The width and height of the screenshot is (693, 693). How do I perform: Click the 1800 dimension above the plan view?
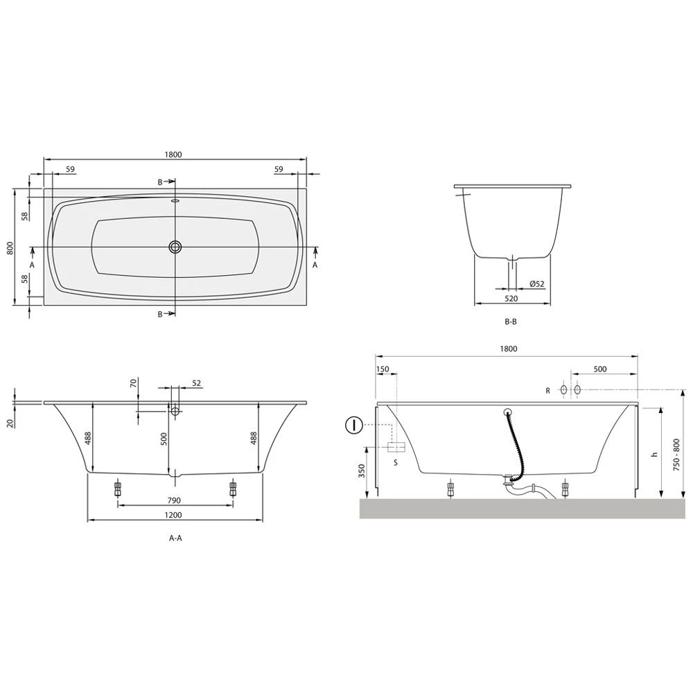tap(174, 155)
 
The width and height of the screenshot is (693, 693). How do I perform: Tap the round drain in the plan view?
tap(174, 247)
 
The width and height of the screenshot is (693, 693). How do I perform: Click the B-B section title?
tap(511, 322)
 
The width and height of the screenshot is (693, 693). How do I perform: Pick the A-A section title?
tap(175, 537)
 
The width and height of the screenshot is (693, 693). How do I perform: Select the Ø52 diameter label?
tap(536, 284)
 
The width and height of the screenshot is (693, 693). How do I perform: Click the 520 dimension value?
tap(511, 299)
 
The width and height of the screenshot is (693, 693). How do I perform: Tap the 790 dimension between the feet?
tap(174, 500)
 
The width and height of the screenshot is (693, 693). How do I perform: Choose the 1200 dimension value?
tap(174, 515)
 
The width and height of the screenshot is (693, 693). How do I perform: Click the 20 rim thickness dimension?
tap(10, 423)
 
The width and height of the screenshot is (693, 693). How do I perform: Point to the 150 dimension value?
tap(383, 369)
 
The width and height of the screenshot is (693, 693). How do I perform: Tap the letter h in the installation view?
tap(653, 455)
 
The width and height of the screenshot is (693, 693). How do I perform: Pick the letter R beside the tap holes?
tap(547, 391)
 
